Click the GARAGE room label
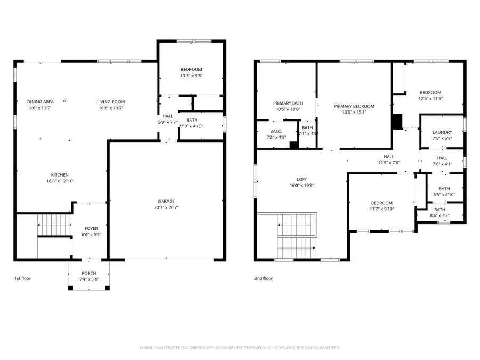coord(166,201)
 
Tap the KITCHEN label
coord(60,175)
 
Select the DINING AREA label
coord(41,102)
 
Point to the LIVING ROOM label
coord(111,102)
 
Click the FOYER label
coord(91,228)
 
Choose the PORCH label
coord(89,272)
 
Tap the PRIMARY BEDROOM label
coord(354,106)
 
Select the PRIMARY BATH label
coord(288,103)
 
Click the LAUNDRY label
coord(443,132)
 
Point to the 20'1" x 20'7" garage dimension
coord(166,207)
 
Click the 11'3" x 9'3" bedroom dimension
coord(191,76)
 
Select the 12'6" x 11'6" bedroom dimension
coord(430,99)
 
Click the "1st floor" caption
coord(22,278)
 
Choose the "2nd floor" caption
coord(264,278)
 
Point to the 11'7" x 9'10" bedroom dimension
coord(382,209)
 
